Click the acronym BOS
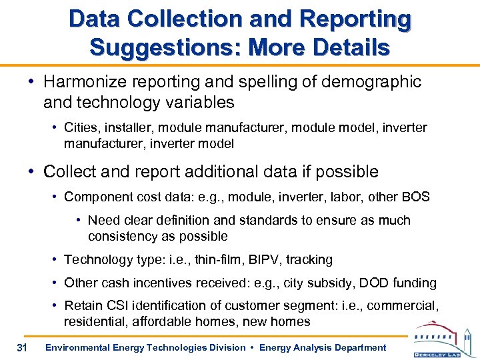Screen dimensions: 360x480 click(417, 197)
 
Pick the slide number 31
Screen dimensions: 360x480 click(21, 347)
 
